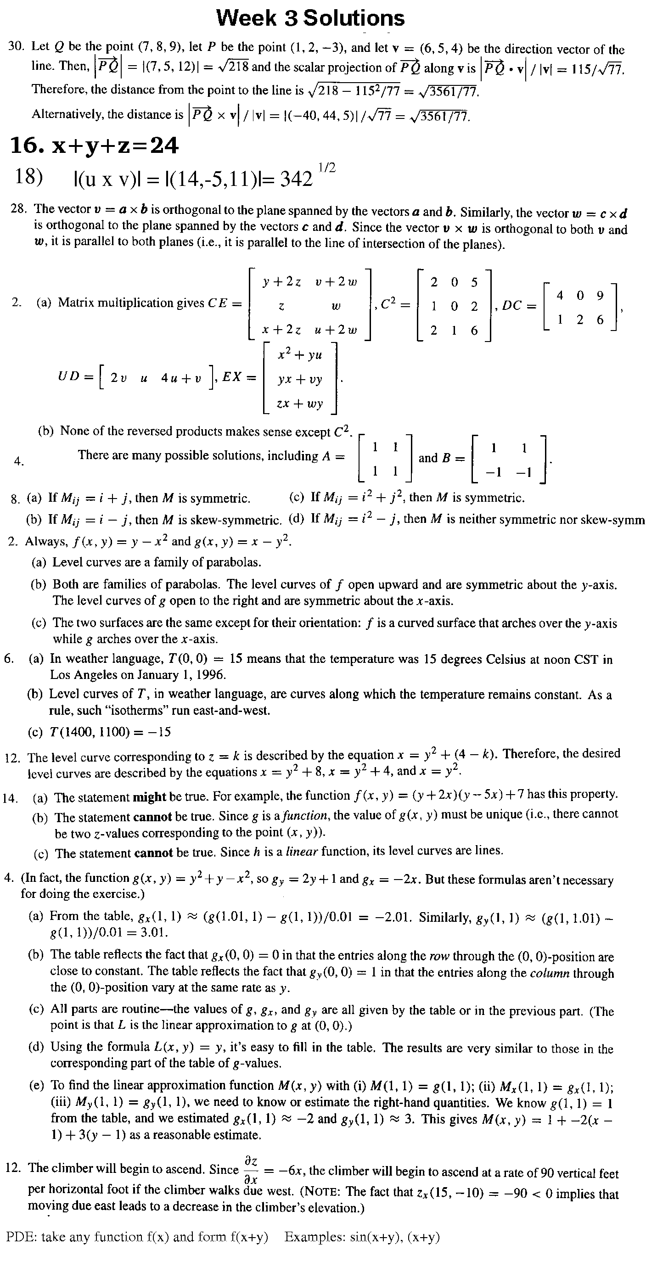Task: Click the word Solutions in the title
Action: pyautogui.click(x=353, y=18)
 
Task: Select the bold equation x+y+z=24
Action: pyautogui.click(x=95, y=146)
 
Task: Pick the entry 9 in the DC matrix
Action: pyautogui.click(x=599, y=296)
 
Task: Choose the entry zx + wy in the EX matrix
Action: pyautogui.click(x=300, y=404)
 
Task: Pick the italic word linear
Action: pyautogui.click(x=302, y=852)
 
